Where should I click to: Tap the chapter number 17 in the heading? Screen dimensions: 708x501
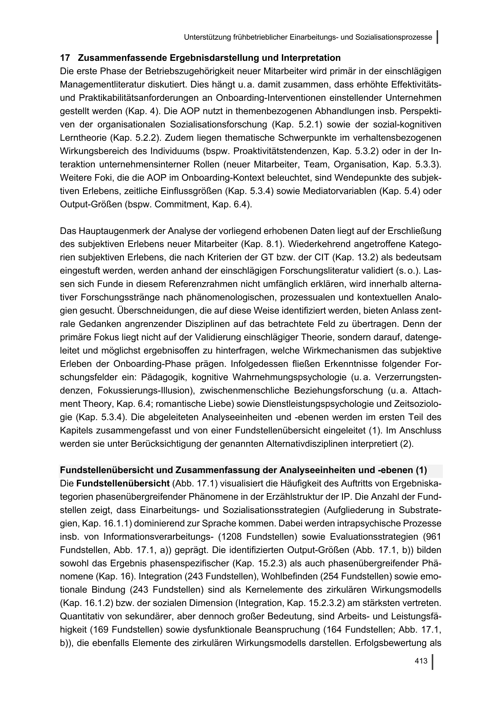65,58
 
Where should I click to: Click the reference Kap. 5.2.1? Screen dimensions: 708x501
297,125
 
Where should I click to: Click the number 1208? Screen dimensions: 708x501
231,537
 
